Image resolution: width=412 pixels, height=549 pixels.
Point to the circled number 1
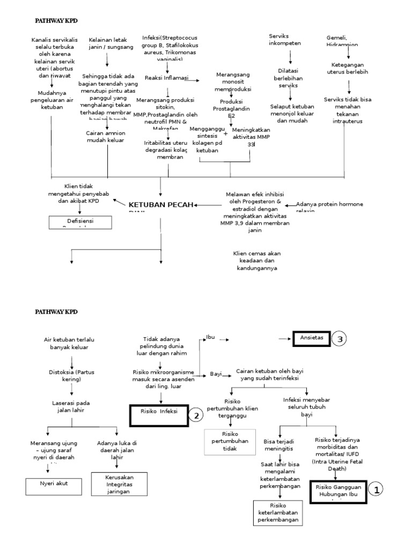pos(377,489)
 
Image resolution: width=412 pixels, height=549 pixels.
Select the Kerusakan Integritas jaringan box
pos(119,484)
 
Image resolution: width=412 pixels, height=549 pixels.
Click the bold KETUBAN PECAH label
pos(160,205)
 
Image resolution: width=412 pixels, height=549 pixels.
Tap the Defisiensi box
pos(80,221)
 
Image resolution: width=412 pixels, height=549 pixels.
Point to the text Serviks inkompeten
pos(284,40)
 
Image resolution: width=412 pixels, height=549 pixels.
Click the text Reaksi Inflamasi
pos(166,78)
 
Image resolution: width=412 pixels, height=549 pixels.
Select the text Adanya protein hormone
pos(329,204)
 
